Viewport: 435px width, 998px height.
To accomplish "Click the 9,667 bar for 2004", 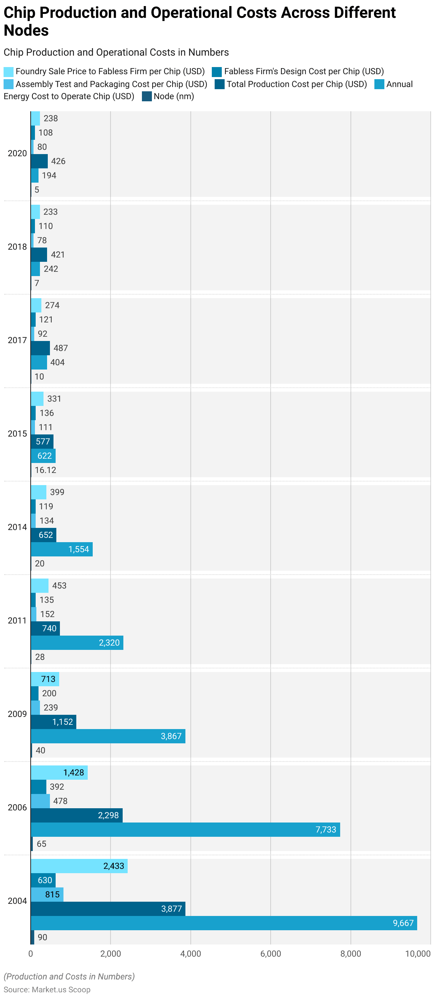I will [x=224, y=923].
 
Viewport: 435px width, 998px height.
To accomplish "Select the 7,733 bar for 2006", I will [x=185, y=830].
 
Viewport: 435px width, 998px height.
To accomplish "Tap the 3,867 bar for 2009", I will [x=108, y=736].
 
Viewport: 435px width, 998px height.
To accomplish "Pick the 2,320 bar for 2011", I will [x=77, y=643].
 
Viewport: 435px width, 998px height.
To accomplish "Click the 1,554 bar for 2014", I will [x=62, y=549].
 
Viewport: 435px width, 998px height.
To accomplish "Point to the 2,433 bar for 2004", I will [x=79, y=866].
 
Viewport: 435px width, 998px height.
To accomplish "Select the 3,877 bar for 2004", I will [x=108, y=908].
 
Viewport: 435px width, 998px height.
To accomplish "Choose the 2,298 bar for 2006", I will [x=76, y=815].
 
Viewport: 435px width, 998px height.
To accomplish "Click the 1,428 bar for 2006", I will [x=59, y=773].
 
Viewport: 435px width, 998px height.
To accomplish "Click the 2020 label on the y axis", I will [x=17, y=153].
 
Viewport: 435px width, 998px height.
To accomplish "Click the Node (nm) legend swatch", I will [x=147, y=96].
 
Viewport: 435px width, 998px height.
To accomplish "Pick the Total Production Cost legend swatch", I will [x=220, y=84].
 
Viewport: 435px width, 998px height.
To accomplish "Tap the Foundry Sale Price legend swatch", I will [x=9, y=72].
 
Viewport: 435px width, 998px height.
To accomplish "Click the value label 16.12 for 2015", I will [x=45, y=470].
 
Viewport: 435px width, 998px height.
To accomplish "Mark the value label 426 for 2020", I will [x=58, y=161].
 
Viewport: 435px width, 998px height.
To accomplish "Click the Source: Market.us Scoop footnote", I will [x=47, y=989].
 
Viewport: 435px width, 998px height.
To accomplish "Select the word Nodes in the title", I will [x=26, y=31].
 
